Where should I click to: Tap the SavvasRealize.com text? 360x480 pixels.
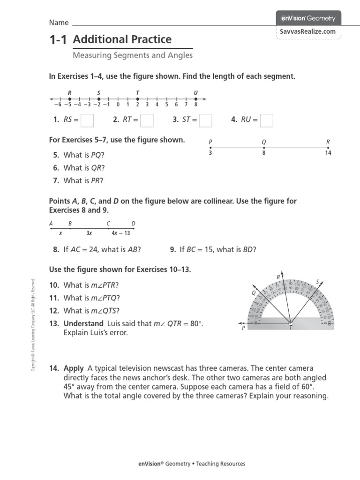coord(308,31)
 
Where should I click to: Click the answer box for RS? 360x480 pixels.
coord(87,120)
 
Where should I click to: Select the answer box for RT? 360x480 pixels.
coord(147,120)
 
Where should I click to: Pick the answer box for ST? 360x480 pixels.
coord(205,120)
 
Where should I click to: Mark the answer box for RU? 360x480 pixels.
coord(266,120)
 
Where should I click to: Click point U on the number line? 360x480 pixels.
coord(195,99)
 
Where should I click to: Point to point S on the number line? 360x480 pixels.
coord(98,99)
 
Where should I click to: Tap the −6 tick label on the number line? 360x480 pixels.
coord(58,105)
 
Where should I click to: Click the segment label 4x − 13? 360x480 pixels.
coord(120,232)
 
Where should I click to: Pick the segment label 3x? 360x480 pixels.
coord(89,232)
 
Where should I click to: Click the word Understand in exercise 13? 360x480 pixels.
coord(83,324)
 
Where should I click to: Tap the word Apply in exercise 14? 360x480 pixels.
coord(73,368)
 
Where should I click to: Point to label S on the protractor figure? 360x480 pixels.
coord(317,282)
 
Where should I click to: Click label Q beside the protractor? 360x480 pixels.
coord(254,292)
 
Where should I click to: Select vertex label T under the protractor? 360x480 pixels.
coord(291,329)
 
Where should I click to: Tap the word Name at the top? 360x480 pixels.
coord(59,22)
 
